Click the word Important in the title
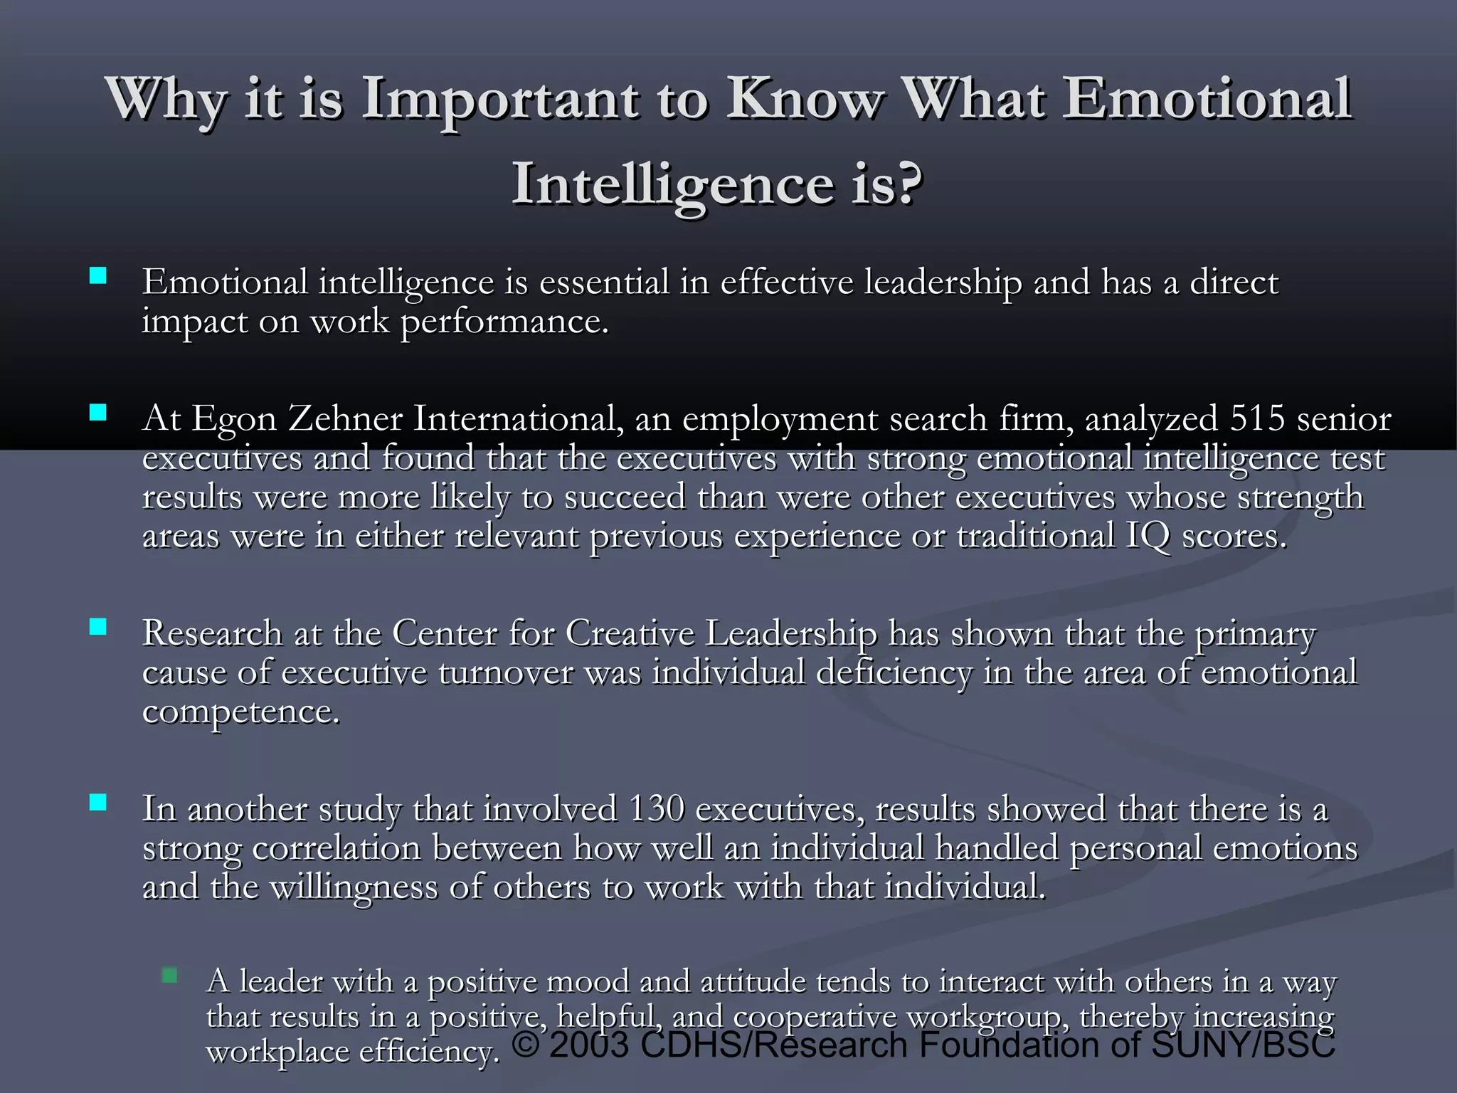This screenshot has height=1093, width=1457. pyautogui.click(x=500, y=100)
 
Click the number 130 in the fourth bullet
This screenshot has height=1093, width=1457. pyautogui.click(x=656, y=809)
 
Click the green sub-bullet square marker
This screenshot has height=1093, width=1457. pyautogui.click(x=169, y=975)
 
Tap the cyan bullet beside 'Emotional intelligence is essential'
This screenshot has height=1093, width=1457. pyautogui.click(x=98, y=276)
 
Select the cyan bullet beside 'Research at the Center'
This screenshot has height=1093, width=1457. pyautogui.click(x=98, y=627)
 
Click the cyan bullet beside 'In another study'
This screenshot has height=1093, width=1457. pyautogui.click(x=98, y=803)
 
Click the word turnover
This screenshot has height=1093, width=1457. pyautogui.click(x=505, y=672)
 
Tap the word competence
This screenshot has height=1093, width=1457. pyautogui.click(x=240, y=712)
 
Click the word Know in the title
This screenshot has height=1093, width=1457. pyautogui.click(x=805, y=100)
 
